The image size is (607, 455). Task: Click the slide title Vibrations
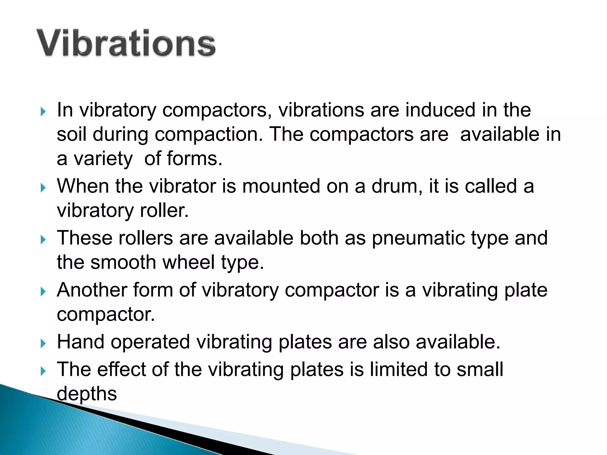tap(126, 43)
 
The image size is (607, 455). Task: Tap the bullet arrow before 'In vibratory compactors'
tap(43, 112)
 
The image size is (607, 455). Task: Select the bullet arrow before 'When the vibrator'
tap(43, 188)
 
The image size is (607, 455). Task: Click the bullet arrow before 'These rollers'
tap(43, 240)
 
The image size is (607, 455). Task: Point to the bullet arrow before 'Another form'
tap(43, 292)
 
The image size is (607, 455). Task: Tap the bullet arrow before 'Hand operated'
tap(43, 344)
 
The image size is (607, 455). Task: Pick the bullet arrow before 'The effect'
tap(43, 371)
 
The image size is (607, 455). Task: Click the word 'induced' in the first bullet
tap(440, 110)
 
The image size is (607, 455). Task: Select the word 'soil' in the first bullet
tap(71, 134)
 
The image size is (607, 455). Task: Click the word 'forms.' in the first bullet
tap(195, 158)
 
